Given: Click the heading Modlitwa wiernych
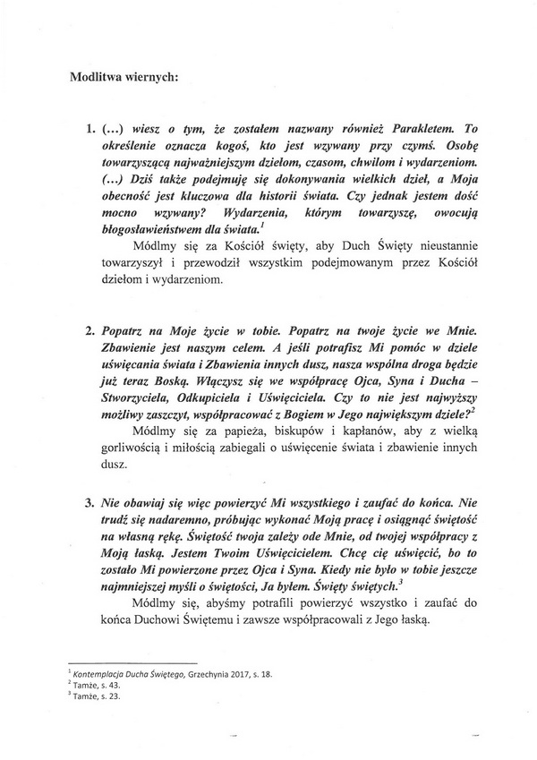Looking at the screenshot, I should [124, 76].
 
